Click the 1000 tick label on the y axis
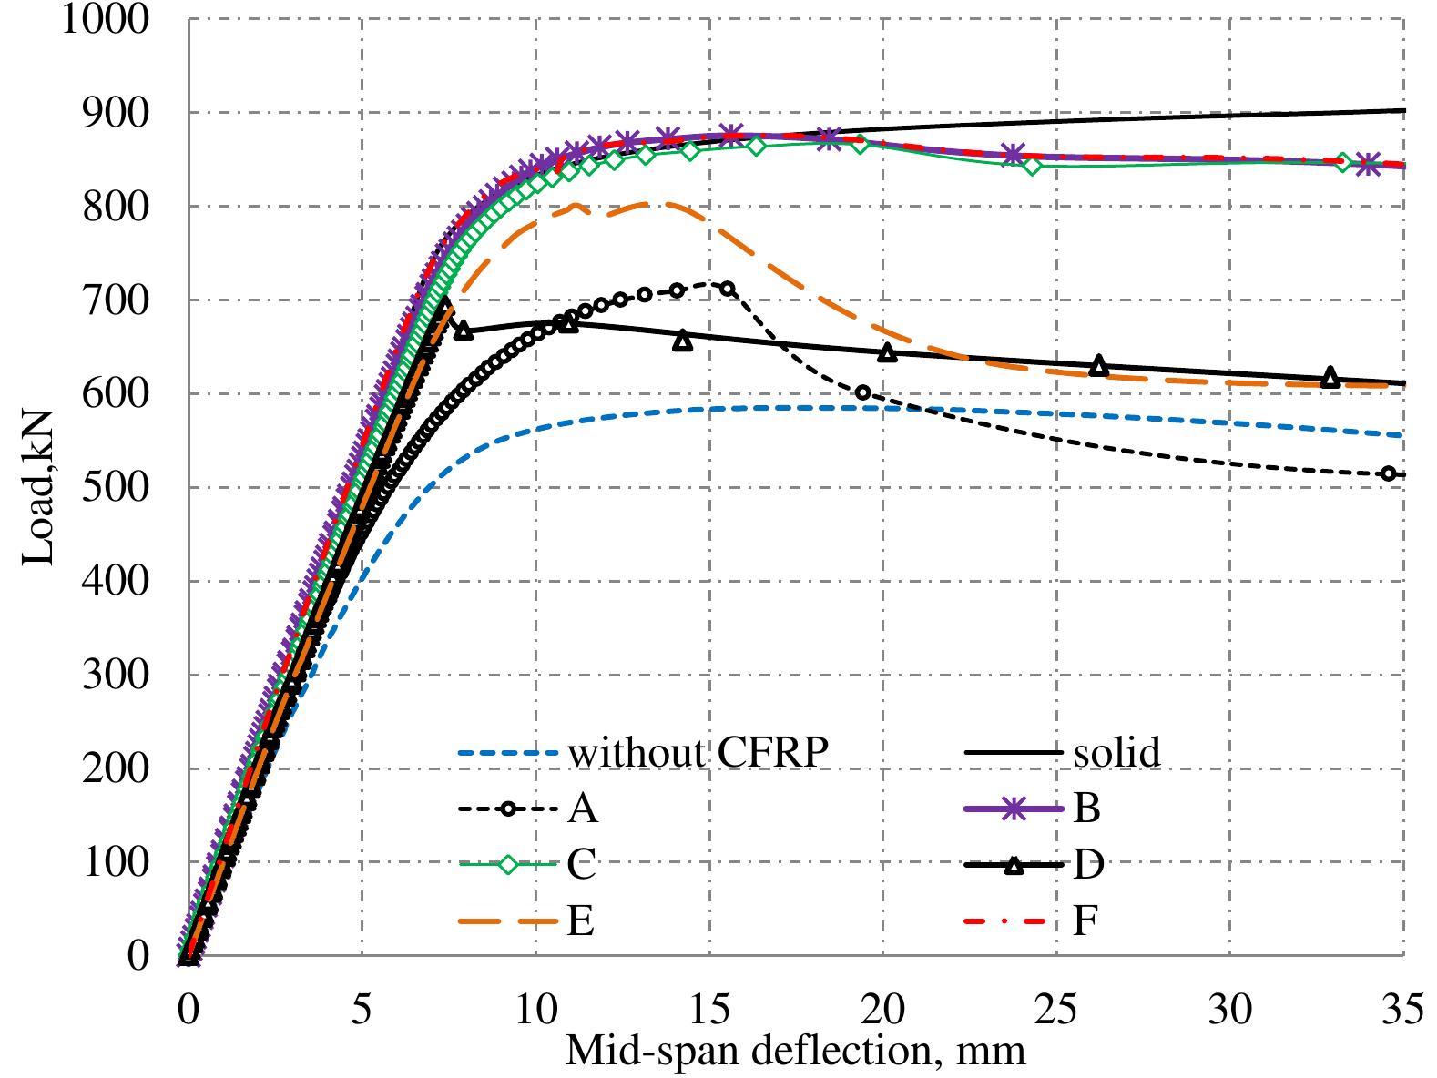105,18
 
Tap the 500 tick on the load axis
115,487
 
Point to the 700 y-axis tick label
115,300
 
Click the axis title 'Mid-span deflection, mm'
795,1050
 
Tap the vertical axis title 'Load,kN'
38,487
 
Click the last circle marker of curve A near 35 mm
1388,473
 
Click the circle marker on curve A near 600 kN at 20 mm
862,392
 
